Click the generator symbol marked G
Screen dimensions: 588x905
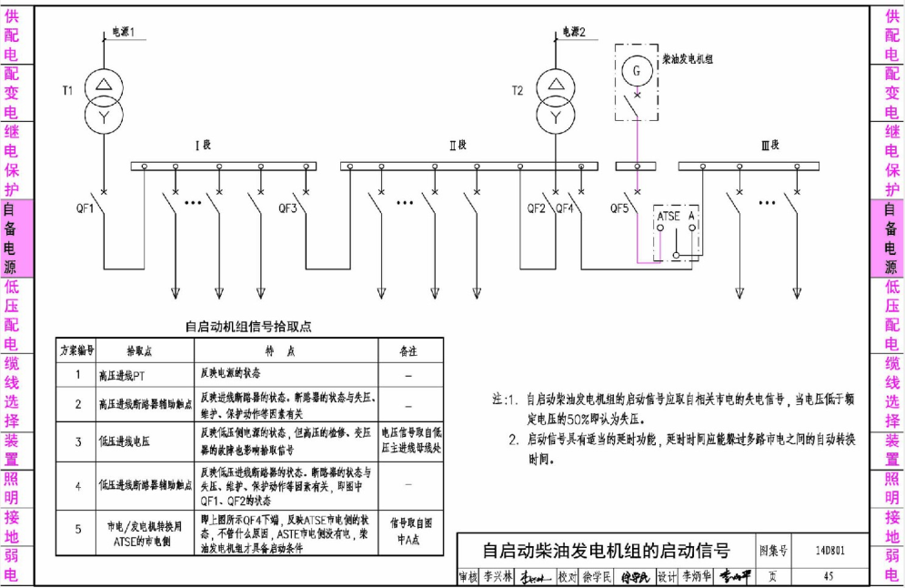pos(637,70)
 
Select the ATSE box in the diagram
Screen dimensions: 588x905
pos(669,217)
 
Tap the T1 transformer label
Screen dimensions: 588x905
pos(67,90)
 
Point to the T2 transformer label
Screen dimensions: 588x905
pos(518,90)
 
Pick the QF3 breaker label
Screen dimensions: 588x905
pos(287,208)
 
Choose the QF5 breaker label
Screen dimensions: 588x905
pos(619,208)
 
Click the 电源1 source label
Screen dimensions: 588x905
pos(124,32)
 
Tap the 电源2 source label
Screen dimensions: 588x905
pos(574,32)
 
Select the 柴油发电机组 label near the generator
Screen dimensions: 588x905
pos(688,56)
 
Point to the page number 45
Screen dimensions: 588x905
pos(828,576)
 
